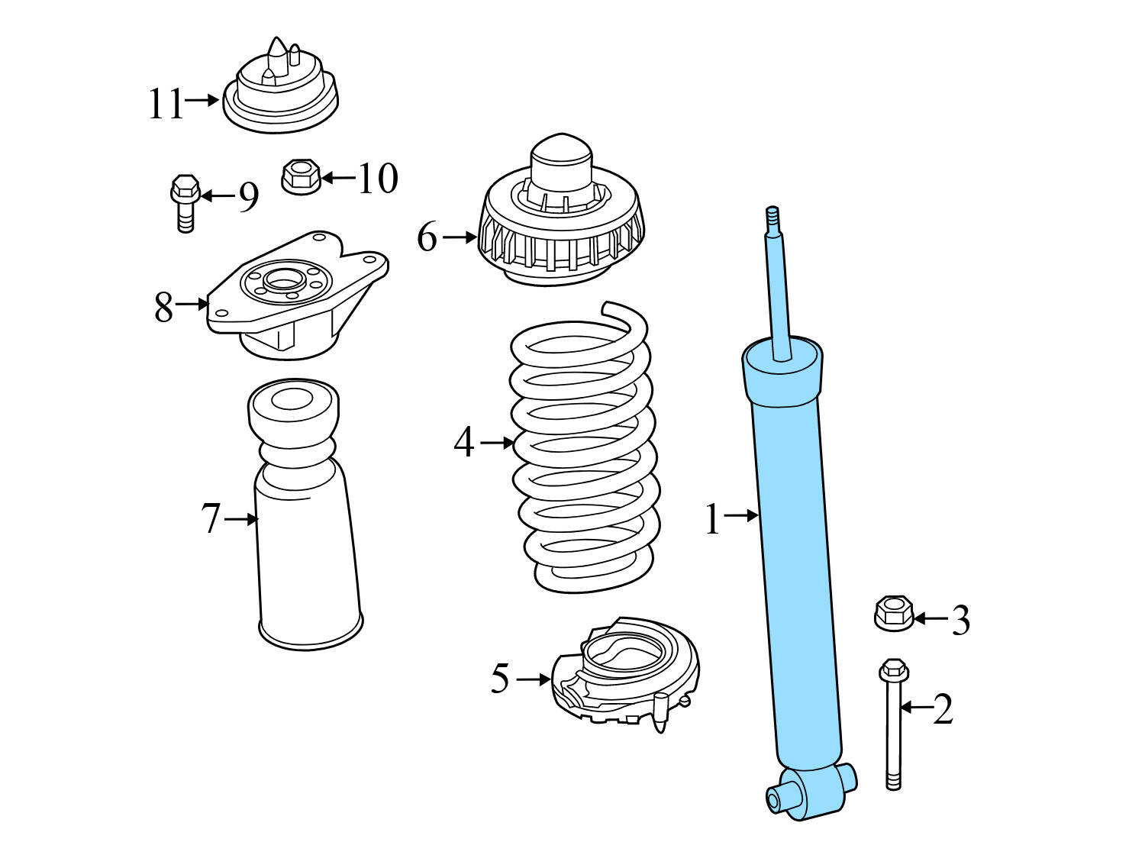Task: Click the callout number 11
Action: (x=166, y=104)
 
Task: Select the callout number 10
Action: (x=378, y=179)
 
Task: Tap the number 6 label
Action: (x=427, y=237)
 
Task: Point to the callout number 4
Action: (x=463, y=443)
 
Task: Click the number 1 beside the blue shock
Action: (x=711, y=520)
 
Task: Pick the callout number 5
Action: (x=500, y=679)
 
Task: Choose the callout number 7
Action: (x=211, y=519)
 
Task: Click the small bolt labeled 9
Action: (x=185, y=202)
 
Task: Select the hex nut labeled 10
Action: (x=300, y=177)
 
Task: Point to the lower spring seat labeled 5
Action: (x=626, y=672)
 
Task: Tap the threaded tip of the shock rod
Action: (x=772, y=218)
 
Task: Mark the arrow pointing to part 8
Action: (x=192, y=305)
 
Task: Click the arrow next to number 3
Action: (x=929, y=618)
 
